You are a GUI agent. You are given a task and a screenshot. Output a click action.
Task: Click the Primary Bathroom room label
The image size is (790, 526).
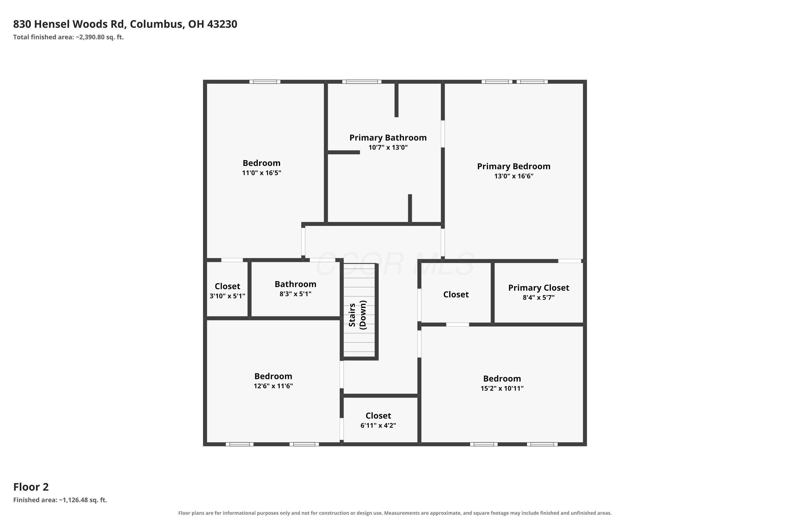click(x=388, y=138)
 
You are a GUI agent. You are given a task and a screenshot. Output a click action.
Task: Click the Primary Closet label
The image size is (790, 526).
click(x=539, y=288)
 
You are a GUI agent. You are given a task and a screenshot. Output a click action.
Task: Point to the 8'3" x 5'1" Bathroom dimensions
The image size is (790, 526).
click(x=295, y=294)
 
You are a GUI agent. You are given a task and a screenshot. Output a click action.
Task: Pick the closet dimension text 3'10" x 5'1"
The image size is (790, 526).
click(x=228, y=296)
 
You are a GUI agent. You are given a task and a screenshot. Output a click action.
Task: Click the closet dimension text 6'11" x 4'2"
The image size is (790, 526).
click(x=378, y=425)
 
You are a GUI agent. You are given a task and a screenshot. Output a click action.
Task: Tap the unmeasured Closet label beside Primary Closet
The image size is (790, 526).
click(x=456, y=294)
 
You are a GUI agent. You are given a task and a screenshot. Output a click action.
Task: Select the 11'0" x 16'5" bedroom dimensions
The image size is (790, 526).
click(x=262, y=173)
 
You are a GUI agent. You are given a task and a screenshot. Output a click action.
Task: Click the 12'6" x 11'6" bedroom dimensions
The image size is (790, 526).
click(x=273, y=386)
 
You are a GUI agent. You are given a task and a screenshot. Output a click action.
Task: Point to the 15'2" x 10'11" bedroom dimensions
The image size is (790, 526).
click(x=502, y=388)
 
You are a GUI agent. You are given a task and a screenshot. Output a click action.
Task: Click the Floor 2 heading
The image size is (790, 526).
click(x=31, y=487)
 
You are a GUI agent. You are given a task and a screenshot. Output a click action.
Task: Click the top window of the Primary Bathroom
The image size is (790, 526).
click(x=362, y=82)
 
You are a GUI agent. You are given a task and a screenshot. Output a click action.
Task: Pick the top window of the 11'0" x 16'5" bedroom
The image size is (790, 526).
click(x=265, y=82)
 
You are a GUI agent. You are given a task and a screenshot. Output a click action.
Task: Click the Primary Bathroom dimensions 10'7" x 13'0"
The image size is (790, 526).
click(x=388, y=147)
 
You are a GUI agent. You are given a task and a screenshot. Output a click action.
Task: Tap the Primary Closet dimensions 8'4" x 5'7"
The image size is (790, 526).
click(x=539, y=297)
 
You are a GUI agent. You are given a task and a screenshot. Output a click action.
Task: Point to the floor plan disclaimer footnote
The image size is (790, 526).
click(x=395, y=513)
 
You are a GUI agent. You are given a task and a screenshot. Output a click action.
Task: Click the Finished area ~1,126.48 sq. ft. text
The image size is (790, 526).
click(x=60, y=500)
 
